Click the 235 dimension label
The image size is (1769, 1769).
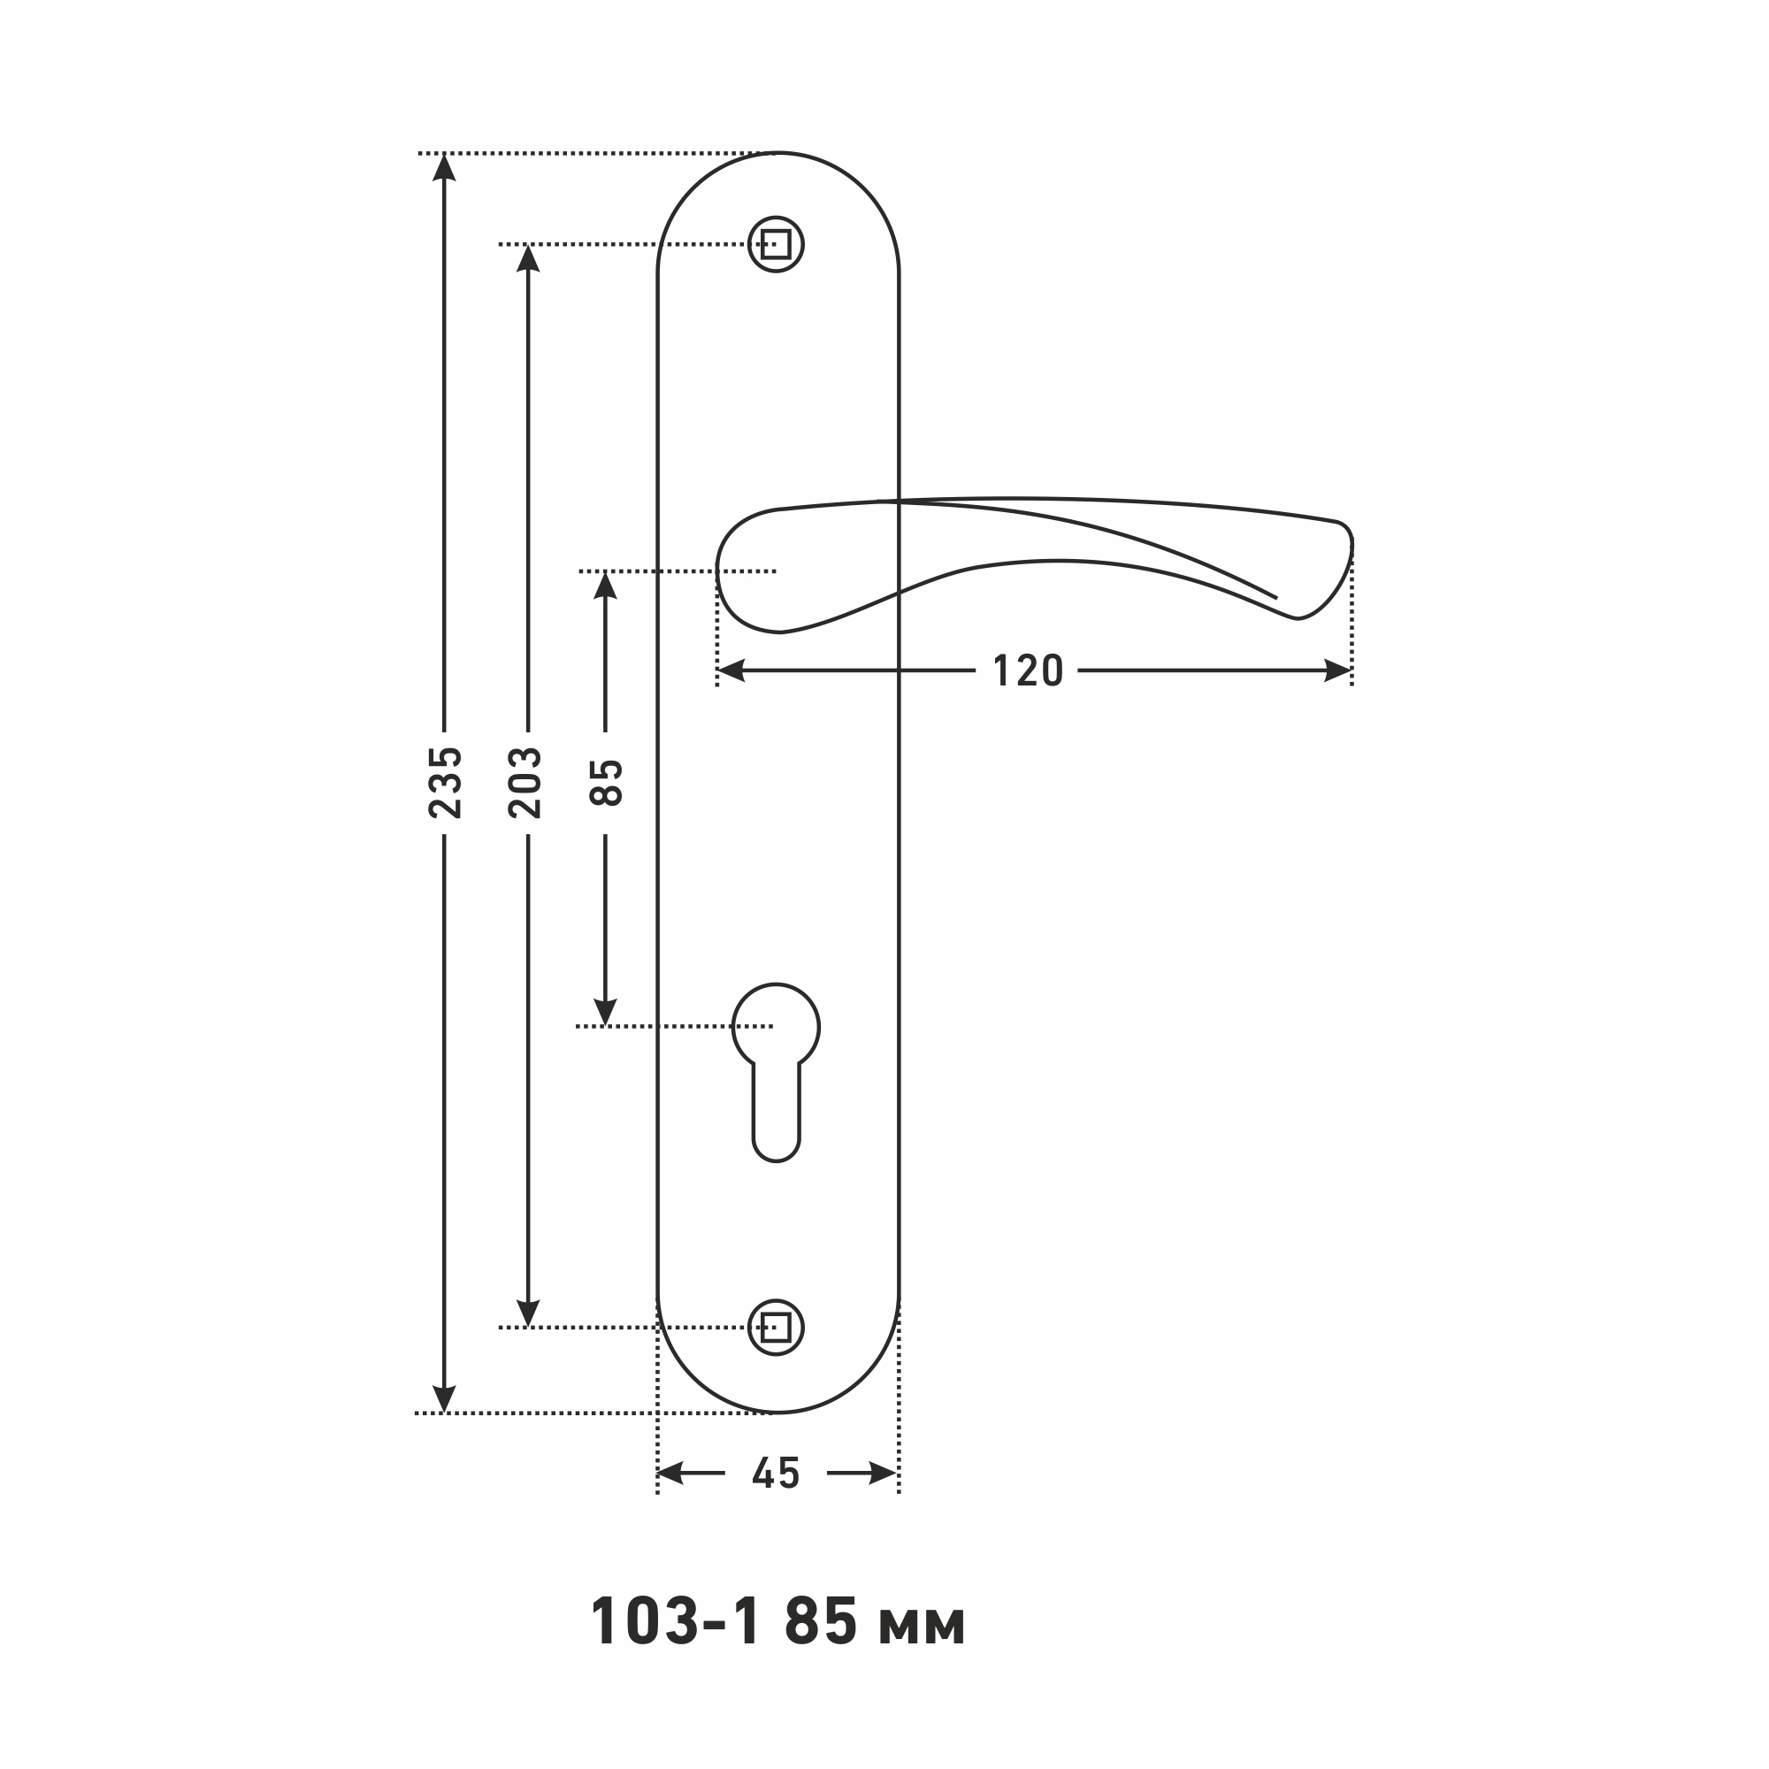(445, 783)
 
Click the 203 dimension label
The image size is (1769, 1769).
(526, 783)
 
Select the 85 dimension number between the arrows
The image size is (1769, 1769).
(605, 783)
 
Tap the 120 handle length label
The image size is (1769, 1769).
(1027, 671)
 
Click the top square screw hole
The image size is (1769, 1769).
(776, 244)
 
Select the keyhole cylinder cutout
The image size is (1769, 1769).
(776, 1071)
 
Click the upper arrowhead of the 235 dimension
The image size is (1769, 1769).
(444, 167)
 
